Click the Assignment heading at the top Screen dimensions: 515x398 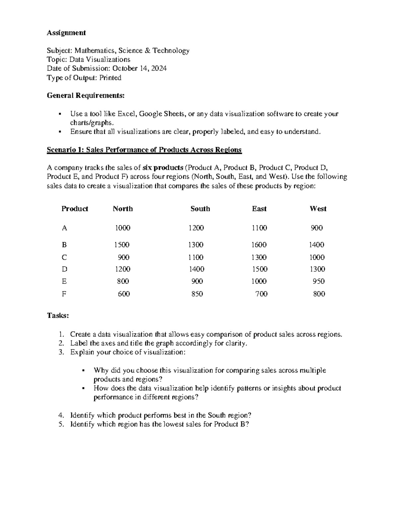click(66, 32)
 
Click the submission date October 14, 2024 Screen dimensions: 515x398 click(139, 68)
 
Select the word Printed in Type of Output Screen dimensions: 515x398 click(110, 78)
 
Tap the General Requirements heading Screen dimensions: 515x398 click(86, 96)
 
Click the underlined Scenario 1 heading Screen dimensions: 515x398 click(144, 150)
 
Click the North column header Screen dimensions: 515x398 click(123, 209)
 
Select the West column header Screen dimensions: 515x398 click(318, 209)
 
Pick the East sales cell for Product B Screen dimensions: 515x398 click(259, 245)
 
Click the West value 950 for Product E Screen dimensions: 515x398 click(319, 281)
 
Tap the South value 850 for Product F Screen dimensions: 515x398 click(197, 294)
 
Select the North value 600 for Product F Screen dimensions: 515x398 click(124, 294)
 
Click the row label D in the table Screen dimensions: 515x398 click(64, 269)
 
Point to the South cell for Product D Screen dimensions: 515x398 click(196, 269)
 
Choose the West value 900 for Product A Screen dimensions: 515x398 click(317, 228)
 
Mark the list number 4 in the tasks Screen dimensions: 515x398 click(60, 415)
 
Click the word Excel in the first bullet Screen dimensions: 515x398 click(127, 114)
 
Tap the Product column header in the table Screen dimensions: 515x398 click(75, 209)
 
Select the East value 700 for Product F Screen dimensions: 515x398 click(261, 294)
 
